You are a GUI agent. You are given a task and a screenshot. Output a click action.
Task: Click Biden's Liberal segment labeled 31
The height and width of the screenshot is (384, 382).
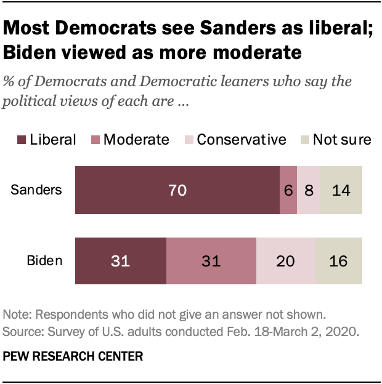(x=120, y=260)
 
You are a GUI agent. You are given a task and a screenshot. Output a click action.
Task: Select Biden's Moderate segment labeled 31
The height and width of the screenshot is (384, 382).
(x=211, y=260)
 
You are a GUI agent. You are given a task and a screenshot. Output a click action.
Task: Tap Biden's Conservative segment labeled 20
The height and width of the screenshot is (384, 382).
(x=285, y=260)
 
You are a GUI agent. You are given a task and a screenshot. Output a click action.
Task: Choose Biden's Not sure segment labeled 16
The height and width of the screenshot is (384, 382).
(x=338, y=260)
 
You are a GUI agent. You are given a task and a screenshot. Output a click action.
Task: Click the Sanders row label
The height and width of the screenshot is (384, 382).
(x=36, y=190)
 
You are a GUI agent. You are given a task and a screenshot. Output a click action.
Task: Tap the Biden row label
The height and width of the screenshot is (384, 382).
(x=44, y=260)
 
